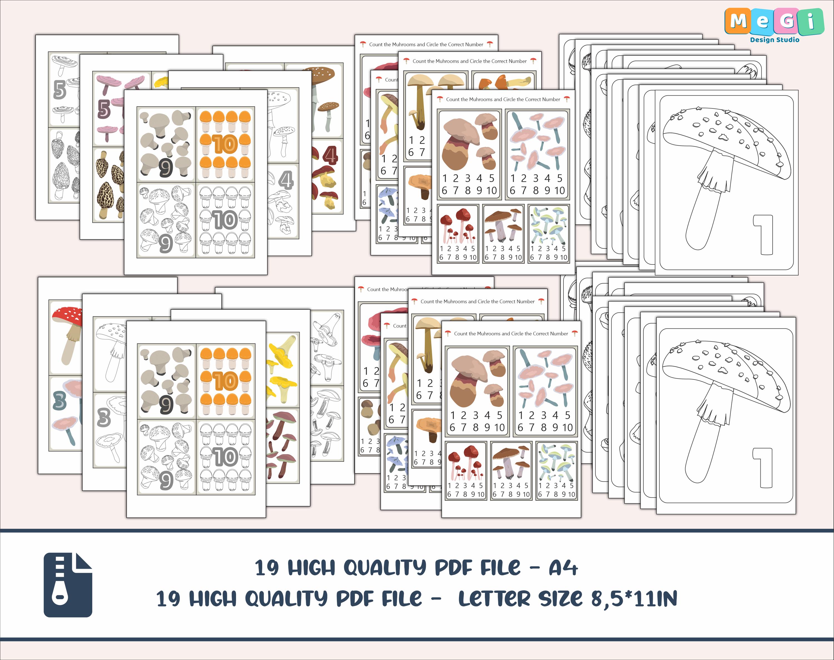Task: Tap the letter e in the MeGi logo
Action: (x=761, y=22)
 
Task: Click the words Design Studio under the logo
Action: (x=775, y=40)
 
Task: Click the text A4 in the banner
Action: (x=563, y=568)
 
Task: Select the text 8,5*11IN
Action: (x=634, y=599)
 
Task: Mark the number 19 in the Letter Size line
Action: (x=168, y=599)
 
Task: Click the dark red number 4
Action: (x=330, y=155)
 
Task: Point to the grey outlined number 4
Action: (x=286, y=180)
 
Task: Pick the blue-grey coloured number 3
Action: (x=59, y=400)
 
